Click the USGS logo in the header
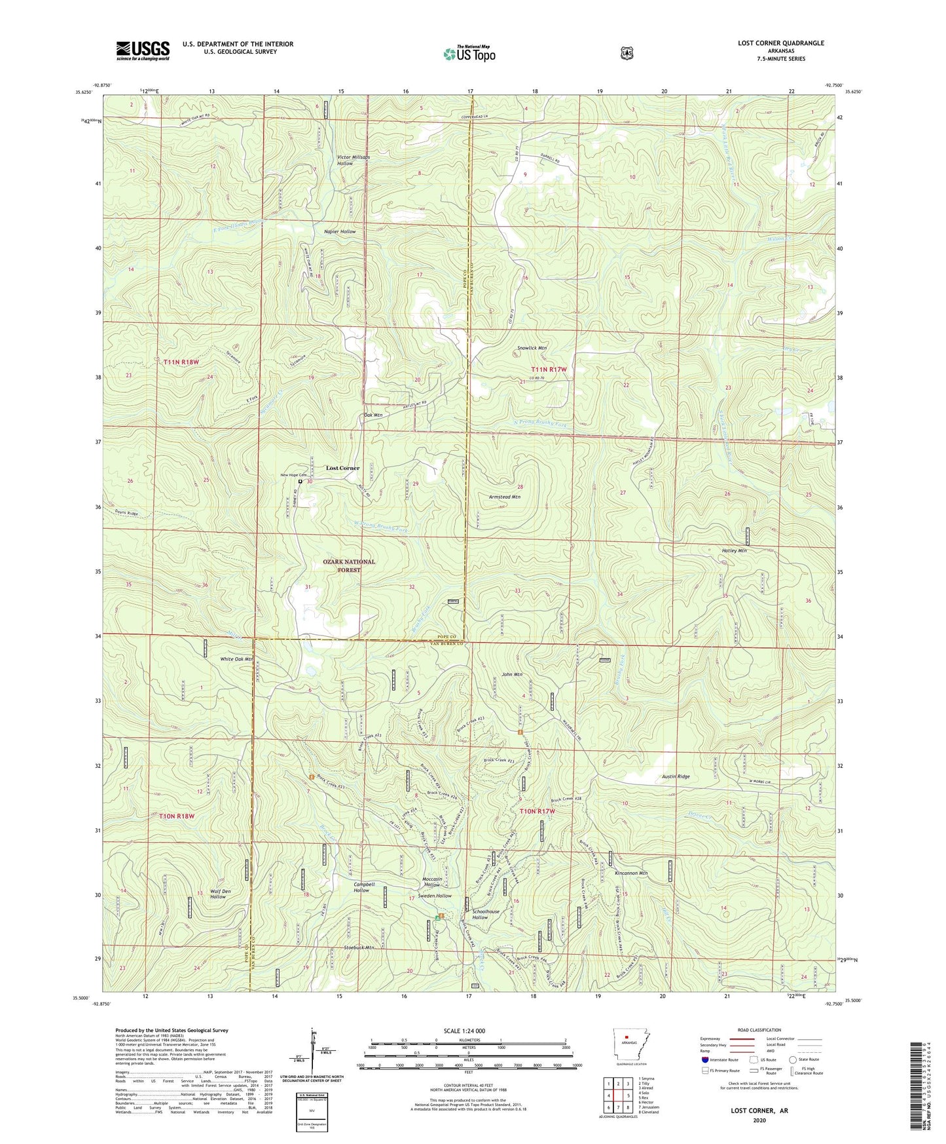143,50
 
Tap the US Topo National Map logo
468,53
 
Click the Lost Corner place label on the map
342,468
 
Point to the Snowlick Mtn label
532,348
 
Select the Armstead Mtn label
504,497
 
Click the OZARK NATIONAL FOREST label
349,566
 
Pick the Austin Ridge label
676,776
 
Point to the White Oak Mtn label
236,659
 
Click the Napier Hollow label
340,231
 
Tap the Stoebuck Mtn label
359,947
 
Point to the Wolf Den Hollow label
218,894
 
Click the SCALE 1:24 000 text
464,1031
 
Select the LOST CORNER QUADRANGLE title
780,43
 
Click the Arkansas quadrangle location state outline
626,1044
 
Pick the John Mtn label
512,674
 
